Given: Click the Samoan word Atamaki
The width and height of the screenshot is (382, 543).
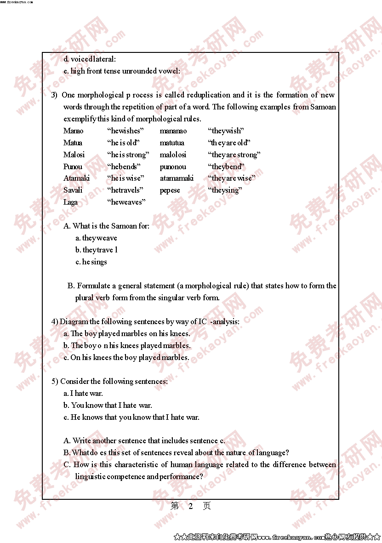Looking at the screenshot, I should tap(76, 178).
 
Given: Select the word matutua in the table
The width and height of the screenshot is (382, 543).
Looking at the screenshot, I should tap(172, 143).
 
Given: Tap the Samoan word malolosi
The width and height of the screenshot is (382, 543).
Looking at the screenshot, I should tap(173, 154).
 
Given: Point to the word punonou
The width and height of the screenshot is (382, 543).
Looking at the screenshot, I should tap(173, 166).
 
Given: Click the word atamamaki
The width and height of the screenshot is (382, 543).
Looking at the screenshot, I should tap(177, 178).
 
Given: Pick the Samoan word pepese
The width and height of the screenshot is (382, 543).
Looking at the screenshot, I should tap(170, 190).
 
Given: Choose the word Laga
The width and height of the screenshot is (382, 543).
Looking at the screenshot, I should tap(70, 202).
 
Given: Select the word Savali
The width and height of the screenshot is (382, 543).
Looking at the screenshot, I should tap(73, 190).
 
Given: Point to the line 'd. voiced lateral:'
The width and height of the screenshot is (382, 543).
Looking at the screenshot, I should tap(90, 59).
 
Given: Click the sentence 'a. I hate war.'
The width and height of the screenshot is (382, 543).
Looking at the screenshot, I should tap(83, 393).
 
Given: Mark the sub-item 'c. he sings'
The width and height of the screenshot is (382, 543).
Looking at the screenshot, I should tap(91, 262).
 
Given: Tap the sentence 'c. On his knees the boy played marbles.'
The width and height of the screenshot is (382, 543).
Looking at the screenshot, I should tap(126, 357).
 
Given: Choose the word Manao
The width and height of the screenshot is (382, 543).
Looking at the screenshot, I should tap(74, 131).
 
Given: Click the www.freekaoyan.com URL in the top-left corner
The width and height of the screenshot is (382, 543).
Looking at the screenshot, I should tap(17, 2).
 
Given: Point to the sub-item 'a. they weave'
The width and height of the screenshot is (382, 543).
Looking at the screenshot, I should tap(96, 238).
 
